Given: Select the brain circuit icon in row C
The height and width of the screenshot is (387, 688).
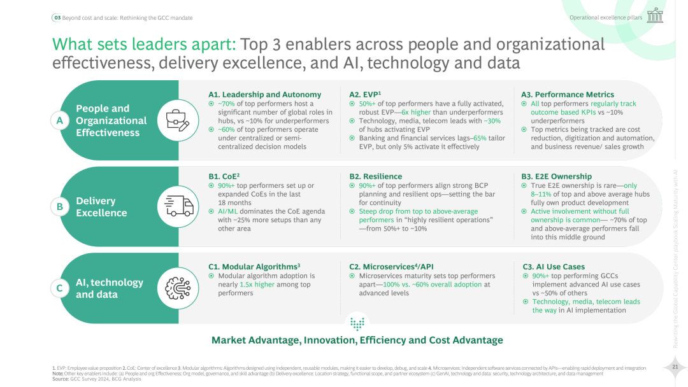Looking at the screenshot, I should point(178,288).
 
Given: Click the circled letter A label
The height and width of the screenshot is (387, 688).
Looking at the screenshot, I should point(59,121).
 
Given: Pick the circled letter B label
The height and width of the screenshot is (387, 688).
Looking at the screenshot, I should point(59,206).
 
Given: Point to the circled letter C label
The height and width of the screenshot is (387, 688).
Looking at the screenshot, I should point(59,288).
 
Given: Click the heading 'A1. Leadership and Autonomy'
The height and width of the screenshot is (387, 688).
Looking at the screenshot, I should point(264,94).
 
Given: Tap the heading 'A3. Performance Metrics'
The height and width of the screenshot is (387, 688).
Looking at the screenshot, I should point(567,94).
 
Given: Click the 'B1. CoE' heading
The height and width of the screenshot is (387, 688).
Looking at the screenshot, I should point(224,176).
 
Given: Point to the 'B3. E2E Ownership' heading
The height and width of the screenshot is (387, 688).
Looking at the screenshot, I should point(556,176).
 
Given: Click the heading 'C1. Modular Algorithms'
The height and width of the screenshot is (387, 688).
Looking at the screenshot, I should point(254,267).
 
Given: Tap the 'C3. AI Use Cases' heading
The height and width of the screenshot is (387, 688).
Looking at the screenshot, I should point(554,267).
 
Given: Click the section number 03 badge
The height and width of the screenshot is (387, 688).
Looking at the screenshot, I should point(56,18).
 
